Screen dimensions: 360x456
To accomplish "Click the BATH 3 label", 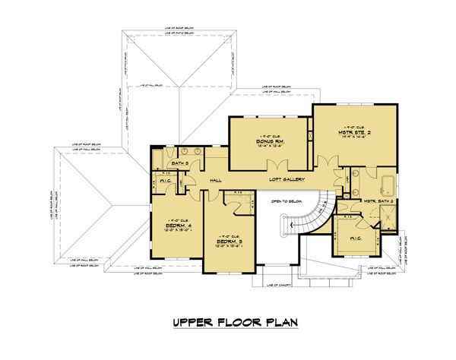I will coord(180,164).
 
